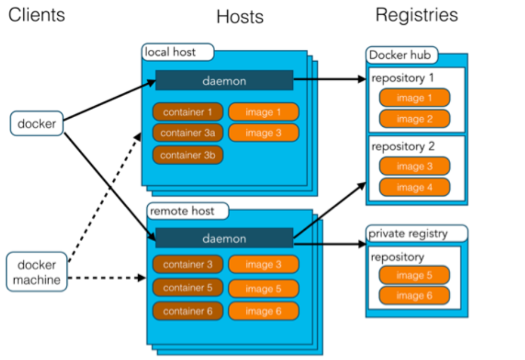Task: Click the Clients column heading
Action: tap(37, 15)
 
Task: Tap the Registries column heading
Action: tap(416, 15)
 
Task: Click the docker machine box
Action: tap(37, 272)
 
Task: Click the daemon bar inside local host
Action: tap(224, 81)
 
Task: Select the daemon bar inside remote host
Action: tap(224, 238)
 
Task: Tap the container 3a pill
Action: tap(187, 133)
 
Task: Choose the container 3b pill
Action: tap(187, 155)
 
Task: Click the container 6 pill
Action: tap(187, 311)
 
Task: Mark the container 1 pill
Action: tap(187, 112)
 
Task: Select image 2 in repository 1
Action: tap(415, 119)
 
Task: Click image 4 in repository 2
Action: tap(415, 187)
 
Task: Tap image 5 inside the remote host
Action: tap(263, 289)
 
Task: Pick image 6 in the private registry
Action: tap(415, 295)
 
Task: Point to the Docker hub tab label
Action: tap(401, 55)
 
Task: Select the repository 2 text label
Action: tap(403, 147)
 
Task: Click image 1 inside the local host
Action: tap(263, 112)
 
